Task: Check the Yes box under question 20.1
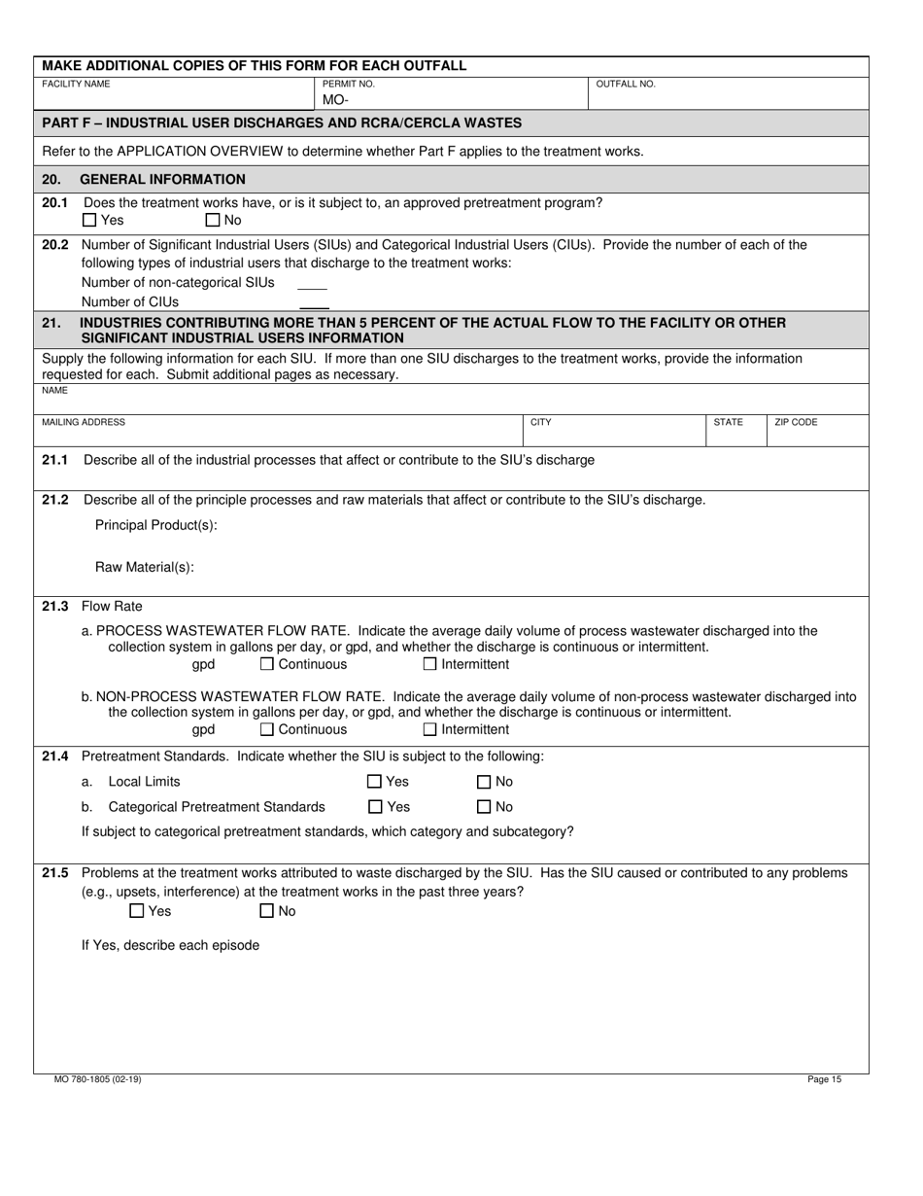90,221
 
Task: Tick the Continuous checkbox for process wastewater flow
267,664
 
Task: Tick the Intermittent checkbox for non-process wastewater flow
430,729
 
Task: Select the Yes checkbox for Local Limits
374,782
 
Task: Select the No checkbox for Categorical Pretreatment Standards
484,806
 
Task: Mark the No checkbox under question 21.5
266,911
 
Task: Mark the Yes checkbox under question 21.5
137,911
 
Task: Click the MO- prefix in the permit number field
334,99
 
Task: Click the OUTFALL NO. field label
625,85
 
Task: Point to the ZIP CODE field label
796,423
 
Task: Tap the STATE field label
728,423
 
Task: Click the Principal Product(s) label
155,525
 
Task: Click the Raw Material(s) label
144,568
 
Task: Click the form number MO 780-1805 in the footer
97,1079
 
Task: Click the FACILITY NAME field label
76,85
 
